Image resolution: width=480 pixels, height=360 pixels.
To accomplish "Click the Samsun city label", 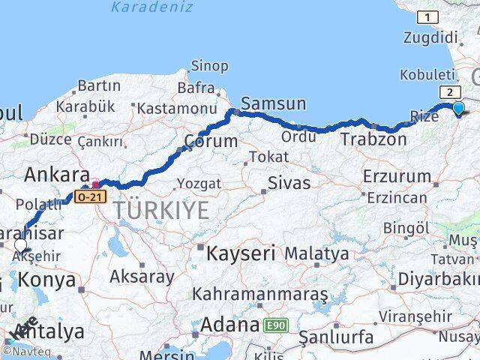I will [x=273, y=104].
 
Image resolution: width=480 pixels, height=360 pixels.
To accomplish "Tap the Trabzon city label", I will [x=373, y=139].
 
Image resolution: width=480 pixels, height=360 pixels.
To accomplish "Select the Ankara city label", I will [x=57, y=175].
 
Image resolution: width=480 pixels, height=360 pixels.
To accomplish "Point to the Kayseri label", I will [x=241, y=253].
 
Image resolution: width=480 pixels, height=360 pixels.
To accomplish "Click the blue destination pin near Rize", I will [x=458, y=108].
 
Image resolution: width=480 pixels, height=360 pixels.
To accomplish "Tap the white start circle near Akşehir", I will [x=20, y=244].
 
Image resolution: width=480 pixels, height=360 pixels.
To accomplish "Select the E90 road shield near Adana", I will [x=274, y=326].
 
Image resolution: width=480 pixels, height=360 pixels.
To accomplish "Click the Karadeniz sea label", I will [x=151, y=7].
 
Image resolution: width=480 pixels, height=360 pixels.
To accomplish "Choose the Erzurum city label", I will [x=397, y=177].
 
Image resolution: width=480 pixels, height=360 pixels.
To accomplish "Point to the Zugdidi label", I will [x=430, y=37].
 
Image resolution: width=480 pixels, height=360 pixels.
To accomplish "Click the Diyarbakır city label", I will [x=439, y=279].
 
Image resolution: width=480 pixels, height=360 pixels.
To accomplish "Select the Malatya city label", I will [x=316, y=254].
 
